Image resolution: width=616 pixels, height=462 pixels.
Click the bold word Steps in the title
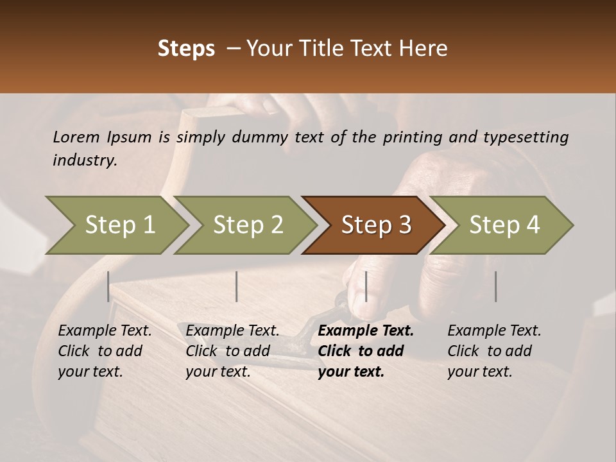[x=186, y=49]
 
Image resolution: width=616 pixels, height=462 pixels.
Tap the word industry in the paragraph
[x=84, y=160]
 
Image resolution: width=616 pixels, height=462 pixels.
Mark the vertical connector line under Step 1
[x=108, y=286]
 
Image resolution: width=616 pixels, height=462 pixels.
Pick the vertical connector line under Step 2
[x=237, y=286]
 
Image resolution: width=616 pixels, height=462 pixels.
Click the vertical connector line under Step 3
[x=366, y=286]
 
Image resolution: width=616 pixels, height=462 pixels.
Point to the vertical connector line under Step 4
[x=495, y=286]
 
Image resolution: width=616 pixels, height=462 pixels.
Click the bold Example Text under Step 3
[x=366, y=330]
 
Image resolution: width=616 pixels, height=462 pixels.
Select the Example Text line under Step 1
[x=105, y=330]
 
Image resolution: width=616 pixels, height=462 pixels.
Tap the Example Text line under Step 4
[x=494, y=330]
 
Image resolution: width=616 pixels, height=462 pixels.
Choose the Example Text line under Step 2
[x=232, y=330]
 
